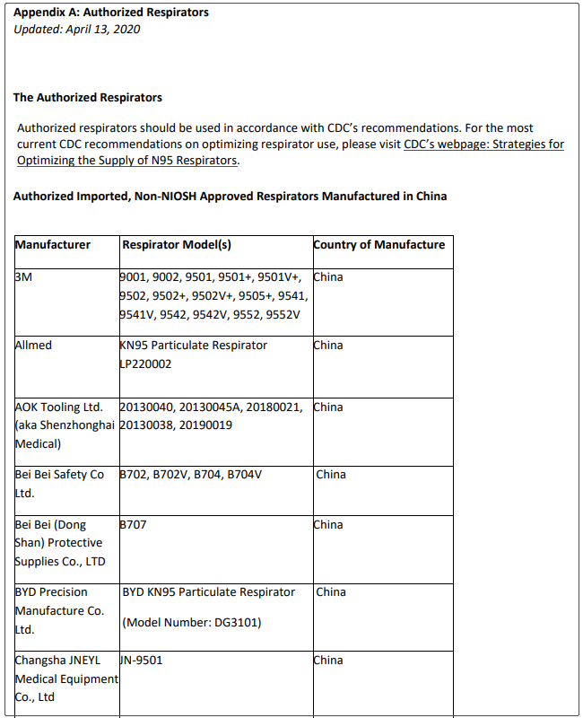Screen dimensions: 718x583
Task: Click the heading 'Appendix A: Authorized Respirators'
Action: click(111, 13)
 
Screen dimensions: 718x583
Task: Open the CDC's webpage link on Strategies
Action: click(483, 144)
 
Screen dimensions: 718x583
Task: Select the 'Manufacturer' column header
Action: click(53, 244)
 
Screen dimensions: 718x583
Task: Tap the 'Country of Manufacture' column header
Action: click(379, 244)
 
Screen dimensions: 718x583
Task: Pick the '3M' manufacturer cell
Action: click(24, 277)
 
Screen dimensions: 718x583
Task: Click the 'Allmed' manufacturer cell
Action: click(34, 345)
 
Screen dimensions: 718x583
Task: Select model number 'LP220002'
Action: click(145, 363)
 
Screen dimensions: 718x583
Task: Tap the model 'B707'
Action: click(133, 524)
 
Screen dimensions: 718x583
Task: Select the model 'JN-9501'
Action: click(141, 660)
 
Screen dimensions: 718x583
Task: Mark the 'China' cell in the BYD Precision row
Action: click(331, 591)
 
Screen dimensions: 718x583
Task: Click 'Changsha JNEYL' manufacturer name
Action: click(57, 660)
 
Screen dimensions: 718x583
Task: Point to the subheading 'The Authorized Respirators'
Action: click(88, 97)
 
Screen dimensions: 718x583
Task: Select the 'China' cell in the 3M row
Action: click(328, 277)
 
